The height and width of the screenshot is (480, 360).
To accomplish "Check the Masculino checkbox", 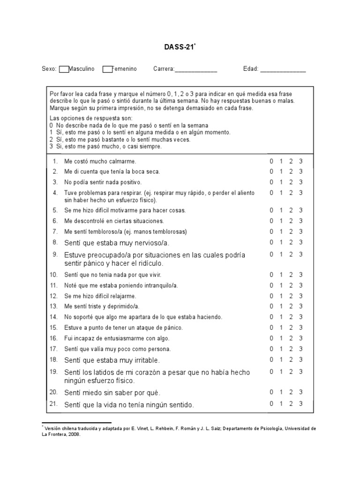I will (64, 69).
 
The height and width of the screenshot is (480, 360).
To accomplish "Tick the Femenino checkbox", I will (107, 69).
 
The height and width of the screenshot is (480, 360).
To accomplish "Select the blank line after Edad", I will (283, 70).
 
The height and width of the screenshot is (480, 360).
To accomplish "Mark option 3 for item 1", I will (301, 161).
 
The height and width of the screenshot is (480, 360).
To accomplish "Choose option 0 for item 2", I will (271, 172).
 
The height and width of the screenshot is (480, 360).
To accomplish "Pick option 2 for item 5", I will (291, 210).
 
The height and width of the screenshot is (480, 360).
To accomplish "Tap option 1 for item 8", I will (281, 242).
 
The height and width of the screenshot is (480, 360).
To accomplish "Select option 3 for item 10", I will (301, 275).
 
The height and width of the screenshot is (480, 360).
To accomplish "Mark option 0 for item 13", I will (271, 307).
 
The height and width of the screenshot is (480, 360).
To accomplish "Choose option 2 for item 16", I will (291, 338).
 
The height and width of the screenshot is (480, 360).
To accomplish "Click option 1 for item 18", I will (281, 360).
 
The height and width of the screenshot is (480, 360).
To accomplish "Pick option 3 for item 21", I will (301, 404).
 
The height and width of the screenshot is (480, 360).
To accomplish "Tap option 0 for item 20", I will (271, 392).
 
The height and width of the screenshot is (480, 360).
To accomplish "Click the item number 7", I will (55, 232).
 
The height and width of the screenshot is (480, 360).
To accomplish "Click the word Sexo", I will (49, 69).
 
